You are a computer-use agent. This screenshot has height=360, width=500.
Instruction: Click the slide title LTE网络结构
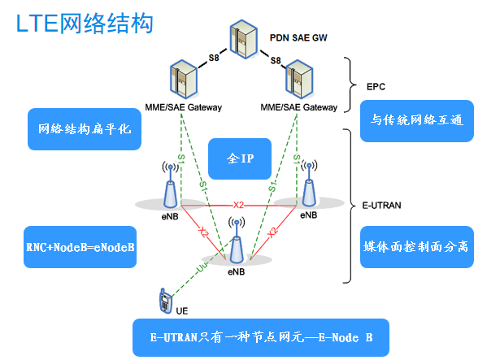pos(85,23)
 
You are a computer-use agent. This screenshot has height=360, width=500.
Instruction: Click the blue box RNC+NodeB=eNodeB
pos(80,247)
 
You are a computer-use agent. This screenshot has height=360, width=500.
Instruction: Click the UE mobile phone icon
pos(163,300)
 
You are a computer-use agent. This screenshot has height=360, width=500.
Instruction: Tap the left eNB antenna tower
pos(169,186)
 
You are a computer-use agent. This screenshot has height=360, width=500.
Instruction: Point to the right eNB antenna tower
pos(307,185)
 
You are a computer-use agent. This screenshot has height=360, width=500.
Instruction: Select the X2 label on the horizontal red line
pos(238,204)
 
